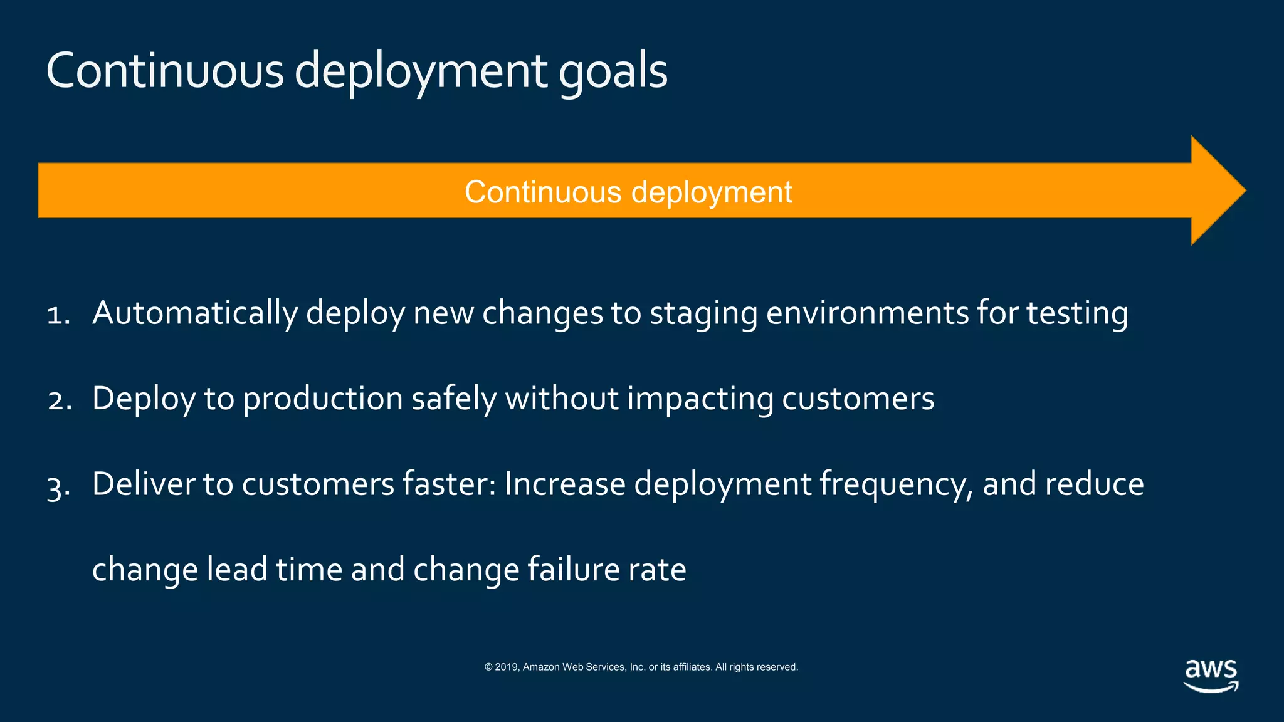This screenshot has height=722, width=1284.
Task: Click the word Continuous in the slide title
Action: (165, 71)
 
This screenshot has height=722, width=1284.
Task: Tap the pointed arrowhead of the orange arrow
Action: (1219, 191)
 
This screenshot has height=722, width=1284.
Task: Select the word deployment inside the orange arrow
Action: (712, 192)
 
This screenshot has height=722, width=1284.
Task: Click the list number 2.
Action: (59, 400)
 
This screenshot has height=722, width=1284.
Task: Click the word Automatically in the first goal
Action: (194, 313)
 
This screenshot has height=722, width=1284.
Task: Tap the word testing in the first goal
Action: (1077, 313)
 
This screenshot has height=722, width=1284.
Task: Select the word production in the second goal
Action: (323, 399)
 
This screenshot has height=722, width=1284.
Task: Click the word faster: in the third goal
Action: (449, 484)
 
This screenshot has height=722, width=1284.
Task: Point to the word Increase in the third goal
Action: (564, 484)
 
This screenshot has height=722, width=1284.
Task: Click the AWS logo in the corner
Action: (1211, 676)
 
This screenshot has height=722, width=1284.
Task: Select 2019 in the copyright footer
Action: (506, 667)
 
